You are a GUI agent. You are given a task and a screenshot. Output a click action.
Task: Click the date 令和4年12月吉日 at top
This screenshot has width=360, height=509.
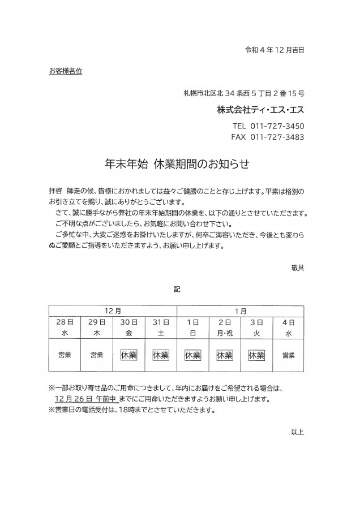pos(274,50)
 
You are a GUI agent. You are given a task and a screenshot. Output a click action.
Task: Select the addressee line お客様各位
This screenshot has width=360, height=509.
pos(66,71)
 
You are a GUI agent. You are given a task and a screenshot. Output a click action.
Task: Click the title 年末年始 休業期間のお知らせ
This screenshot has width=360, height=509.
pos(177,164)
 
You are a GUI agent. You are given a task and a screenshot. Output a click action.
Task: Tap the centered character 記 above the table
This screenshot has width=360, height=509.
pos(177,288)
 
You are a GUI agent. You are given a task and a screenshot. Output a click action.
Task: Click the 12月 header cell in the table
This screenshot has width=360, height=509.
pos(113,310)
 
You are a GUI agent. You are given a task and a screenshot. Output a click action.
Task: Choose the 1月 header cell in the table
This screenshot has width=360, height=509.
pos(241,310)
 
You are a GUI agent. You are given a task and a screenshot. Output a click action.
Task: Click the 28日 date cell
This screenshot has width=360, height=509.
pos(65,322)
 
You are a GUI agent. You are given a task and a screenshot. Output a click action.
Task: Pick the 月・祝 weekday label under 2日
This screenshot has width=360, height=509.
pos(225,333)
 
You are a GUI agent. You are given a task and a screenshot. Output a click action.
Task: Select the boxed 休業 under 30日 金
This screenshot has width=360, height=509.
pos(129,355)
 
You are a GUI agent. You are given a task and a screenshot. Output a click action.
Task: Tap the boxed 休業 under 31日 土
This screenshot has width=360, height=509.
pos(161,355)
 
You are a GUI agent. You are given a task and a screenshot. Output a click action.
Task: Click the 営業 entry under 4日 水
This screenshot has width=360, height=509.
pos(289,355)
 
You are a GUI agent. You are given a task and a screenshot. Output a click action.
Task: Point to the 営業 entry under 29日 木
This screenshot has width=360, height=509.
pos(97,355)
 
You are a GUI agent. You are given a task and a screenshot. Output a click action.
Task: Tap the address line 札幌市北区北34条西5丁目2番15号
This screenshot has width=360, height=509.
pos(243,93)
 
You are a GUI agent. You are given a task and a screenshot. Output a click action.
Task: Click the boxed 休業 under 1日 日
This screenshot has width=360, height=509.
pos(193,355)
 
